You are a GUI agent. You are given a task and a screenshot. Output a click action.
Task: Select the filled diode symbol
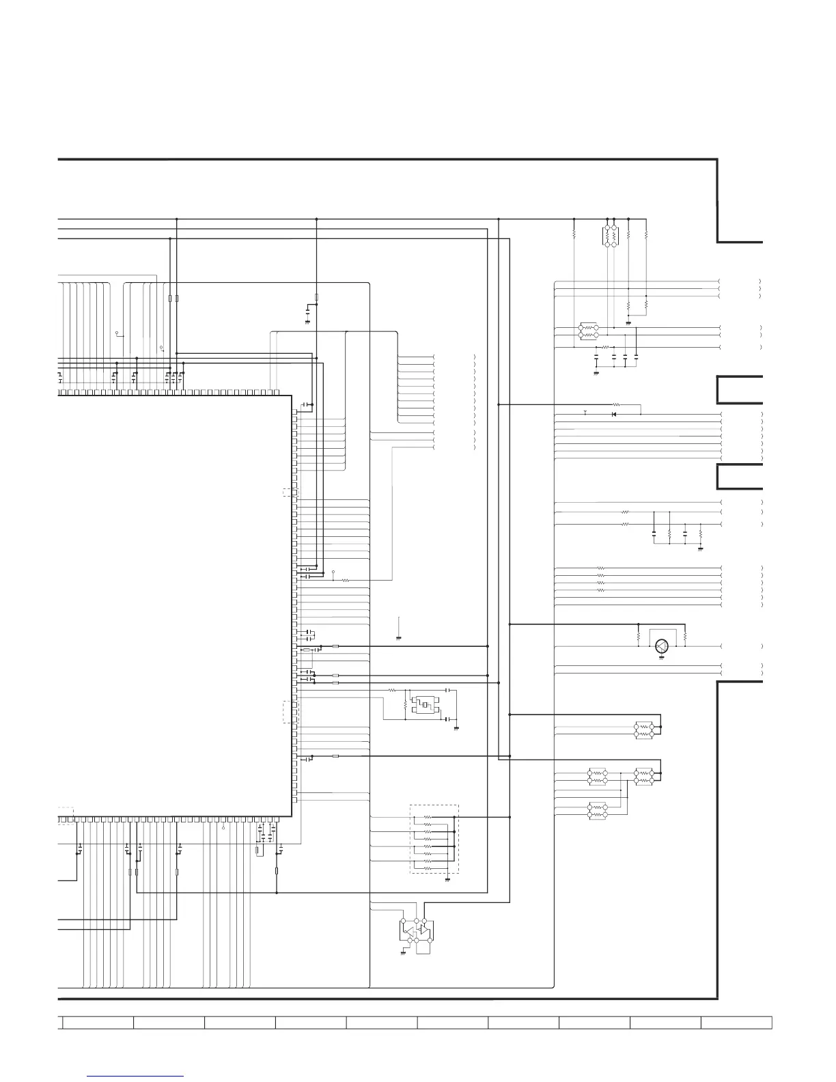[613, 414]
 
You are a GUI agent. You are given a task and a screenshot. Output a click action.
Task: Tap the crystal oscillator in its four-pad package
[423, 704]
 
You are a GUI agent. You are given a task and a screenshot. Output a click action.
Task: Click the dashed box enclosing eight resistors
[434, 839]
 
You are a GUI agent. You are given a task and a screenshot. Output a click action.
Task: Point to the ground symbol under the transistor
[660, 657]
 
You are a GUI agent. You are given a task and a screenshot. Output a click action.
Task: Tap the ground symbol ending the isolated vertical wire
[398, 638]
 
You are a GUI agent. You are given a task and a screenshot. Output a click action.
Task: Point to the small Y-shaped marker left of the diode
[585, 412]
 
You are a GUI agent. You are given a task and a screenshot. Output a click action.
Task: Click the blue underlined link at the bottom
[135, 1077]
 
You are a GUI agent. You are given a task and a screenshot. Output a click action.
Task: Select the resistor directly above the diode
[617, 404]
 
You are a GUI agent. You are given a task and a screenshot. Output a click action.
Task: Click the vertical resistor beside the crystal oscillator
[406, 703]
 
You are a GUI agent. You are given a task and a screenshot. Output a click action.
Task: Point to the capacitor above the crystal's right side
[447, 691]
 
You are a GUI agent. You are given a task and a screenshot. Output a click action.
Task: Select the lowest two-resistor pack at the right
[597, 810]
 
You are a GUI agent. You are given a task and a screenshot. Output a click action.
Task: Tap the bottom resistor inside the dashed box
[428, 869]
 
